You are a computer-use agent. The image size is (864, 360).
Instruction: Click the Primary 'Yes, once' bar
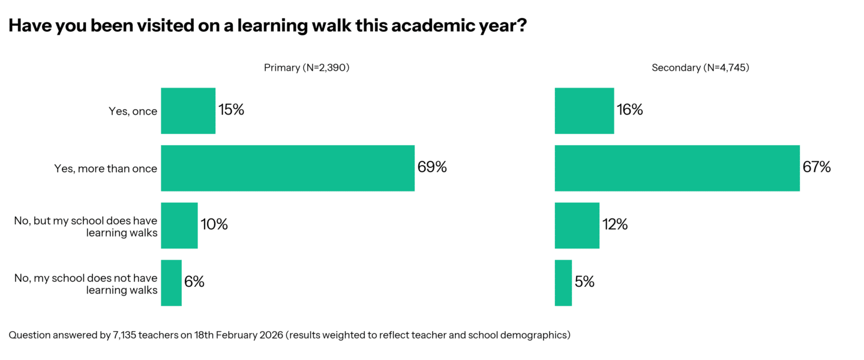[x=188, y=110]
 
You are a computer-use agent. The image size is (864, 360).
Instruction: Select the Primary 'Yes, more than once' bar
[x=287, y=168]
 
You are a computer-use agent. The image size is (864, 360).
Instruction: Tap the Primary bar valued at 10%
[x=179, y=225]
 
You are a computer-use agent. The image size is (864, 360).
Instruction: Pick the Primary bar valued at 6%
[x=171, y=283]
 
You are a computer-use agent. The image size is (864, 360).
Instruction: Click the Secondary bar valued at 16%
[x=584, y=110]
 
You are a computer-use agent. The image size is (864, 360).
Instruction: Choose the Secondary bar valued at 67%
[x=677, y=168]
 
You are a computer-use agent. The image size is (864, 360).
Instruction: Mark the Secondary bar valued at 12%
[x=577, y=225]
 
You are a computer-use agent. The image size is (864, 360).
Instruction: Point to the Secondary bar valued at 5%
[x=563, y=283]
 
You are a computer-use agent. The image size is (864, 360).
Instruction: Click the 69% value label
[x=432, y=167]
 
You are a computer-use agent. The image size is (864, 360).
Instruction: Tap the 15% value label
[x=231, y=110]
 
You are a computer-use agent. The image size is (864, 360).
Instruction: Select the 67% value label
[x=817, y=167]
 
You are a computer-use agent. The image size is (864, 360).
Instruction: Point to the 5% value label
[x=584, y=282]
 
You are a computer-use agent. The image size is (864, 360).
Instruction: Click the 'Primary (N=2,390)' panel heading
[x=307, y=68]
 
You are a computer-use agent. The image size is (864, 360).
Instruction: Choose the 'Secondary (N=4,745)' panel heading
[x=700, y=68]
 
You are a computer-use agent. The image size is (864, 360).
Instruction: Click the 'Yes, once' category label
[x=133, y=111]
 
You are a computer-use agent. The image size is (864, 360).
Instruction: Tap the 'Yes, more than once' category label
[x=106, y=169]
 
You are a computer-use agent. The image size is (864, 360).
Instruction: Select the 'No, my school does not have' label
[x=86, y=278]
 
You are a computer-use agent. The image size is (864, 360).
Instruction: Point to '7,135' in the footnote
[x=124, y=335]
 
